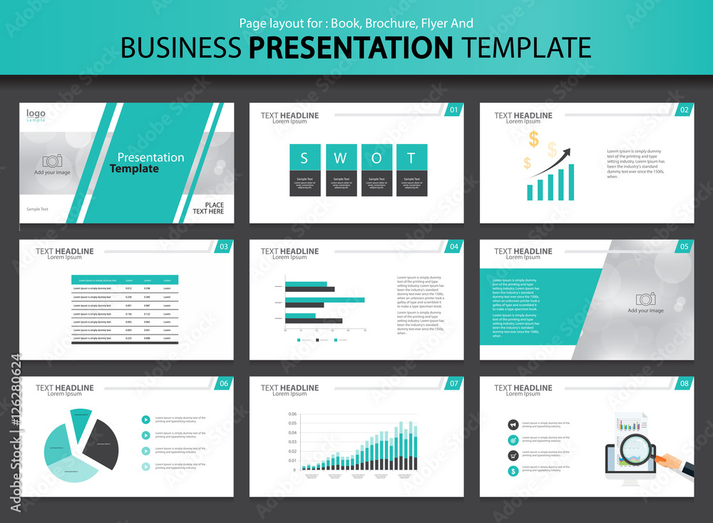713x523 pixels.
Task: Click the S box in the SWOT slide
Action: coord(305,158)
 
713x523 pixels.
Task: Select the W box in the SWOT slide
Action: coord(341,158)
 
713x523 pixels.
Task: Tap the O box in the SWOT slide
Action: coord(376,158)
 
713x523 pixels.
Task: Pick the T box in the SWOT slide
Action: coord(411,158)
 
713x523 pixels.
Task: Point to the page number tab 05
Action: coord(684,247)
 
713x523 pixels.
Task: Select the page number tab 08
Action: coord(684,384)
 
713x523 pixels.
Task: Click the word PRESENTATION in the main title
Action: coord(352,47)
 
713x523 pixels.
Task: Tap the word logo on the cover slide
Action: coord(36,113)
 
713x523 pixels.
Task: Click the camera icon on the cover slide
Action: coord(52,161)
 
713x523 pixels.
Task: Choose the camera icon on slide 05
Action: coord(646,299)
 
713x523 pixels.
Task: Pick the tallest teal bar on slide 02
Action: coord(570,182)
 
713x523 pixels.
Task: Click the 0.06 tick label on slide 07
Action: coord(292,415)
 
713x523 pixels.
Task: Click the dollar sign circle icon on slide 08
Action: coord(513,471)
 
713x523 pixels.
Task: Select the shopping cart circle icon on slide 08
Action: coord(513,455)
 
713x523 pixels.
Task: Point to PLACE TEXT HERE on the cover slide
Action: coord(208,208)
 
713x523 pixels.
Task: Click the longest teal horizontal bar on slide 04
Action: coord(324,300)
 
